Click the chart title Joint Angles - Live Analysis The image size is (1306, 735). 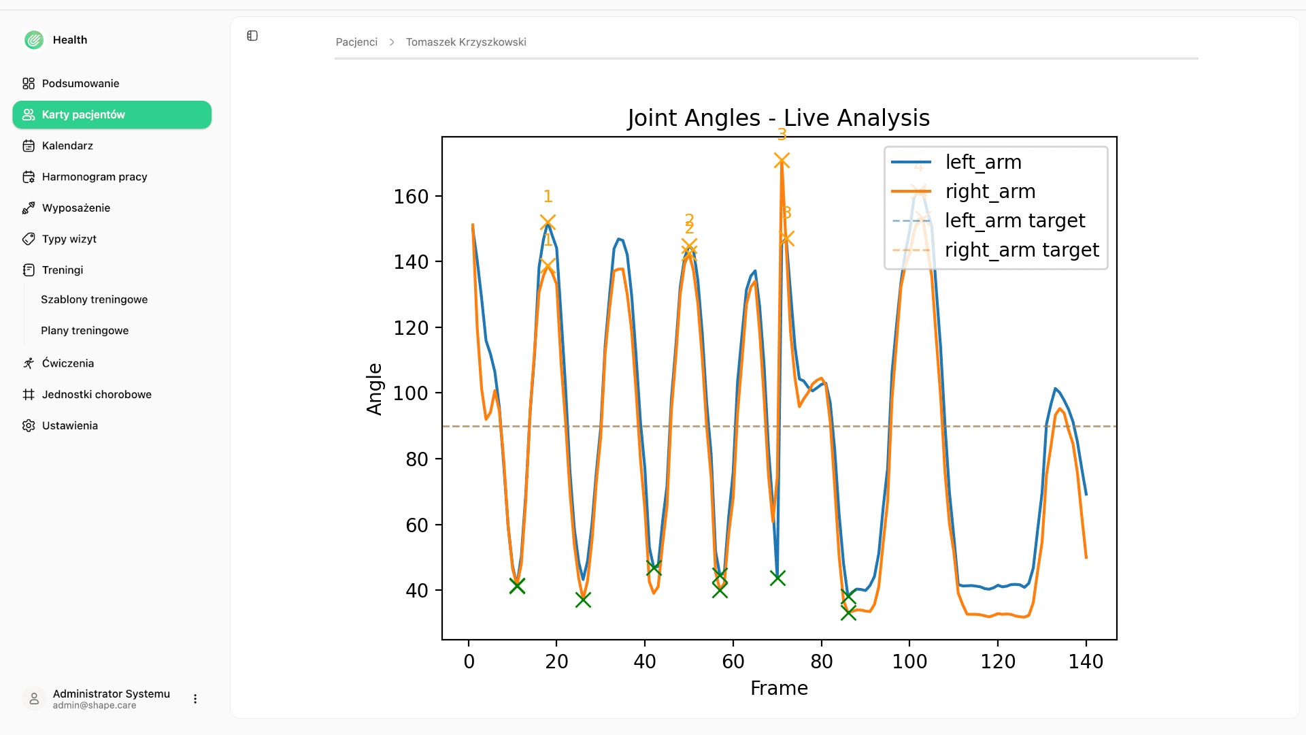(778, 118)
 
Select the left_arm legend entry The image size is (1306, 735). (956, 162)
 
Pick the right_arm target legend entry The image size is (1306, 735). (995, 250)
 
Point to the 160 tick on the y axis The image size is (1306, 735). (411, 197)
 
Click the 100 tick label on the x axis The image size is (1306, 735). (909, 661)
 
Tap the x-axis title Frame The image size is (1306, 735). (779, 688)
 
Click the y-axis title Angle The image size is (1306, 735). (374, 389)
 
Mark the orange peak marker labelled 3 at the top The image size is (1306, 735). (782, 161)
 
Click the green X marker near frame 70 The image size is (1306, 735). (777, 578)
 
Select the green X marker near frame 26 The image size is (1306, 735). (583, 600)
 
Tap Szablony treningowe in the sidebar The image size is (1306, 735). (94, 299)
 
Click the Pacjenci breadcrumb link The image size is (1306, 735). (356, 42)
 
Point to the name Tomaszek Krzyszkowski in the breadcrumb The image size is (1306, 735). (466, 42)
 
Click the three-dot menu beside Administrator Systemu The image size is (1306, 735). (195, 699)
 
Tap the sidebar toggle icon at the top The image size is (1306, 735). (252, 35)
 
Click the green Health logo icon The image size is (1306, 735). (34, 40)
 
